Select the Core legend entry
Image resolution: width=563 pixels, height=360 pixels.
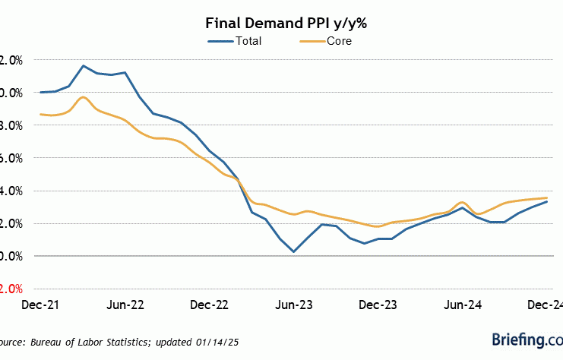tap(339, 41)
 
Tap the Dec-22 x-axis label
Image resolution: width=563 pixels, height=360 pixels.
tap(209, 305)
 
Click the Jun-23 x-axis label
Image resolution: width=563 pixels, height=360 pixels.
tap(293, 305)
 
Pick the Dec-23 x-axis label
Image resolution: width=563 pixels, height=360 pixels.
tap(378, 305)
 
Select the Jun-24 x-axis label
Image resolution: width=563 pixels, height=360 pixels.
tap(463, 305)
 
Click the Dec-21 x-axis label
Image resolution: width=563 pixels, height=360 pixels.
tap(40, 305)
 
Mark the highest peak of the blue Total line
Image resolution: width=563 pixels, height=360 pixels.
tap(83, 65)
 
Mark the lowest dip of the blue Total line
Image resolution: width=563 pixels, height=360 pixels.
tap(293, 251)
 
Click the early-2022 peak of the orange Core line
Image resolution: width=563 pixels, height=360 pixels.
tap(83, 96)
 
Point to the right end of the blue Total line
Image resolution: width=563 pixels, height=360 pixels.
tap(547, 201)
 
